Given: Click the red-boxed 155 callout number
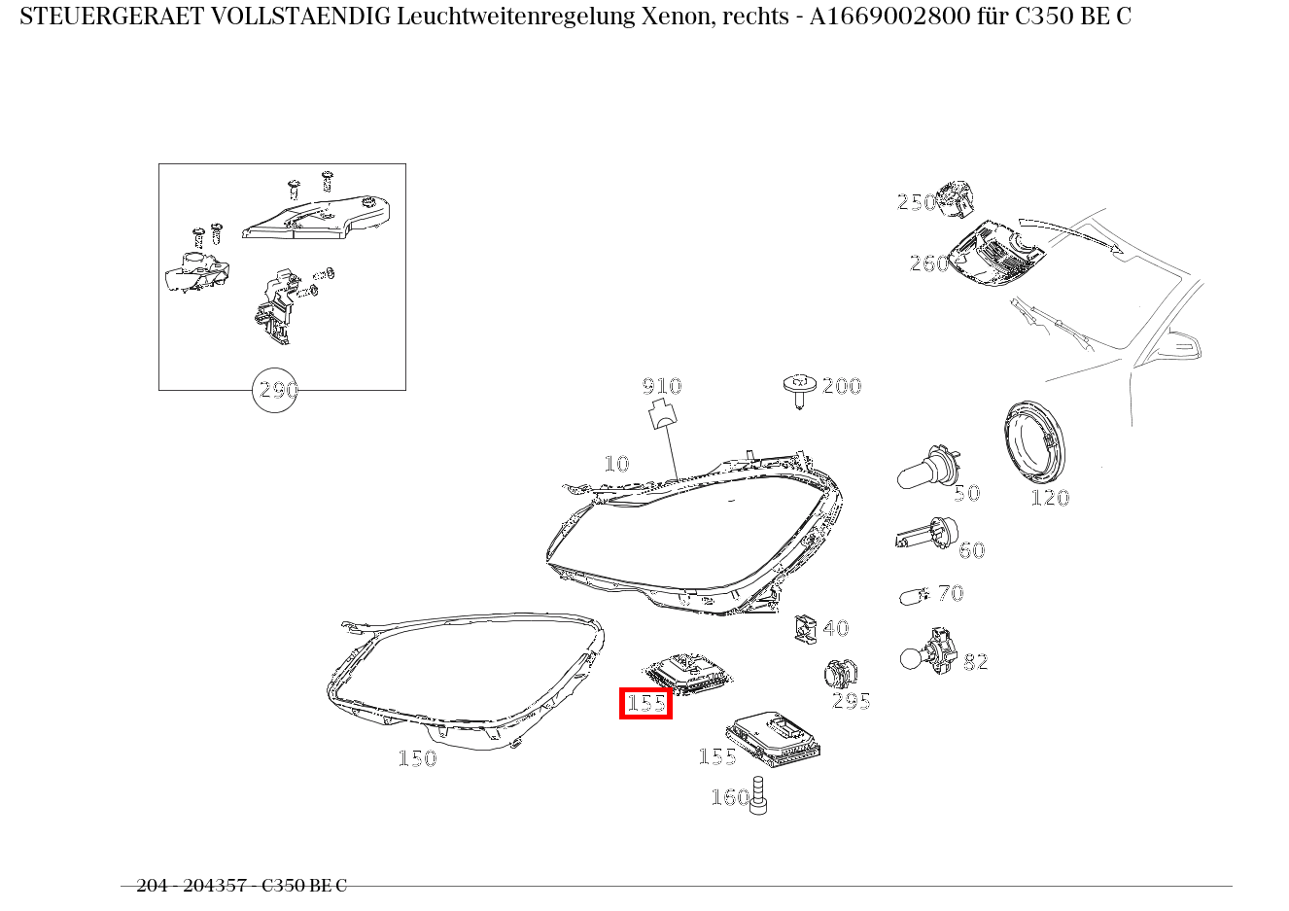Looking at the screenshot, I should pyautogui.click(x=645, y=703).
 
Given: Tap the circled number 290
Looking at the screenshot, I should pyautogui.click(x=275, y=390).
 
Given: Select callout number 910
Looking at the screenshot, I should pyautogui.click(x=662, y=386).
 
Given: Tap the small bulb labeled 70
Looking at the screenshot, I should pyautogui.click(x=914, y=595).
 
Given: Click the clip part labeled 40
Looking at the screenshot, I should pyautogui.click(x=803, y=629).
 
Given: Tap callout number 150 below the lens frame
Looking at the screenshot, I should pyautogui.click(x=417, y=758).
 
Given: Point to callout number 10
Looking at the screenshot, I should pyautogui.click(x=616, y=464).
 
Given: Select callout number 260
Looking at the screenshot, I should pyautogui.click(x=928, y=263).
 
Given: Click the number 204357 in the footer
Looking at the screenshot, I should pyautogui.click(x=215, y=886).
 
